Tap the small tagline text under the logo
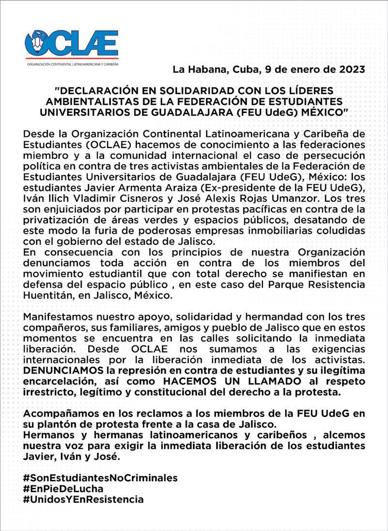[x=71, y=64]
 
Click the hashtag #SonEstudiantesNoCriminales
[x=100, y=478]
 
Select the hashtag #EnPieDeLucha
[x=63, y=488]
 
